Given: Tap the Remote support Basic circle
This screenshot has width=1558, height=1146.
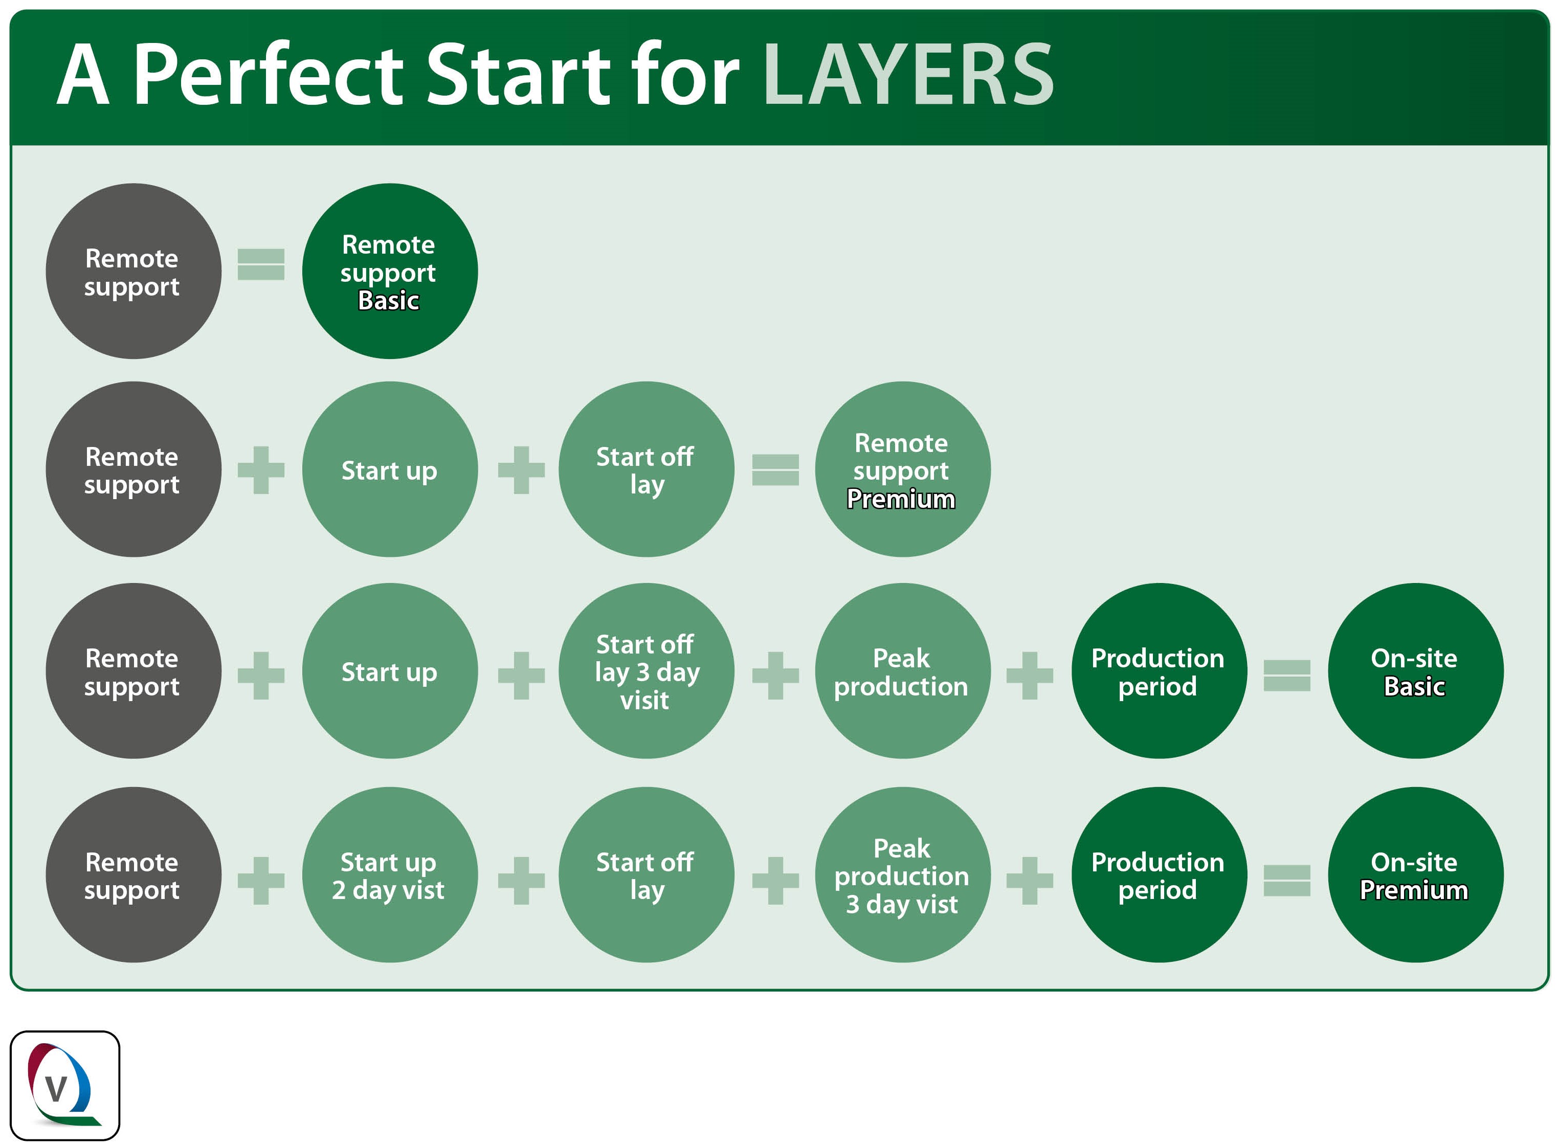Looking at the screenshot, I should pyautogui.click(x=389, y=271).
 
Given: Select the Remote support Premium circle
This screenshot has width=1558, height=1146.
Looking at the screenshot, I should pyautogui.click(x=902, y=469).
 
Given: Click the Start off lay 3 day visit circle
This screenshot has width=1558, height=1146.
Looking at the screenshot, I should pyautogui.click(x=646, y=671).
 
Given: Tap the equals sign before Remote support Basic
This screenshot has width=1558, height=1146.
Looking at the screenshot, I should pyautogui.click(x=261, y=264).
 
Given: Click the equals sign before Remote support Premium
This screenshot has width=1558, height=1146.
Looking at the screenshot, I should pyautogui.click(x=775, y=469).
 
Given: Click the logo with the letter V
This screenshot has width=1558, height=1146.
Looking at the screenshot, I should pyautogui.click(x=64, y=1085).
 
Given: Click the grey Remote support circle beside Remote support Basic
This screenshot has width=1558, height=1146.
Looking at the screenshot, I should pyautogui.click(x=133, y=271).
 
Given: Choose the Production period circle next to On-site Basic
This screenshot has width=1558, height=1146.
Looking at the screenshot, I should pyautogui.click(x=1159, y=671).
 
